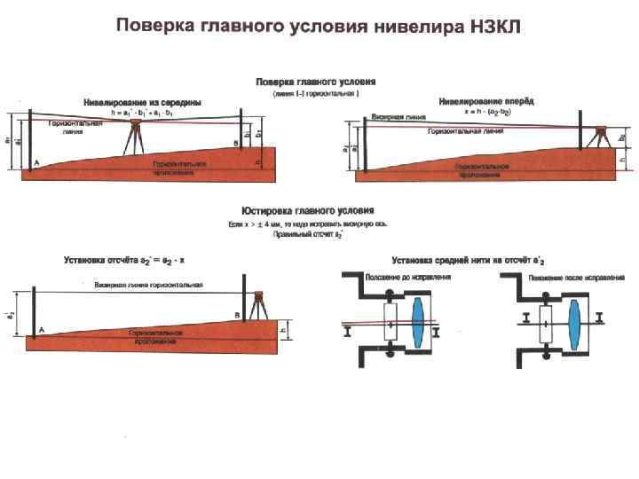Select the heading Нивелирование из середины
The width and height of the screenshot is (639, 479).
click(x=142, y=102)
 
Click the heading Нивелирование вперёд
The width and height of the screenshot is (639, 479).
click(x=486, y=102)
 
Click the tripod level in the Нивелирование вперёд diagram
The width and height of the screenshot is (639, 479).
click(x=601, y=137)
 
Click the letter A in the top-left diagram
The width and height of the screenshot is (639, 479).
click(x=36, y=163)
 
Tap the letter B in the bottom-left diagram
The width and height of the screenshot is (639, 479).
click(x=236, y=315)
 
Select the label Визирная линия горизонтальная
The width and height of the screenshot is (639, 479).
click(x=149, y=285)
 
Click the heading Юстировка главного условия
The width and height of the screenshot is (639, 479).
click(x=308, y=210)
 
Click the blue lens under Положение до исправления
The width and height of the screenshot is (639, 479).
click(x=420, y=320)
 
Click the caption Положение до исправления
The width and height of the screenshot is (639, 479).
click(x=408, y=277)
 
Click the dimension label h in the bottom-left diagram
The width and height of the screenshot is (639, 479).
click(x=283, y=332)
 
